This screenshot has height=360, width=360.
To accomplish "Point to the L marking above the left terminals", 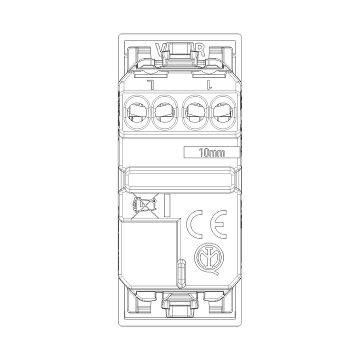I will click(x=149, y=83).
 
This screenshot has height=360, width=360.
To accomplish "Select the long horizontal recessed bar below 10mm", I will click(x=180, y=178).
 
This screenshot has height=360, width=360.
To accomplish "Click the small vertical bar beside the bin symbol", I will click(x=166, y=204).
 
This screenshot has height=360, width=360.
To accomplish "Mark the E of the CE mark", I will click(x=218, y=224).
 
